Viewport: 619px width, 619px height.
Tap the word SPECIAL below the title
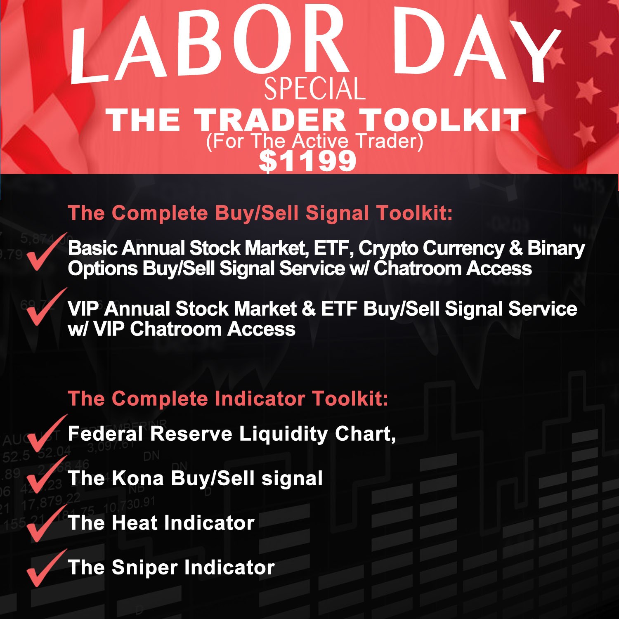[315, 88]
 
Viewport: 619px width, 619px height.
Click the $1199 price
[307, 161]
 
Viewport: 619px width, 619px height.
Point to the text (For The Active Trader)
[314, 141]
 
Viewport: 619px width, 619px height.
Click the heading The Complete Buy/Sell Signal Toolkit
[260, 213]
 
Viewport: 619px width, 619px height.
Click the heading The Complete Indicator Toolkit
[228, 399]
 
